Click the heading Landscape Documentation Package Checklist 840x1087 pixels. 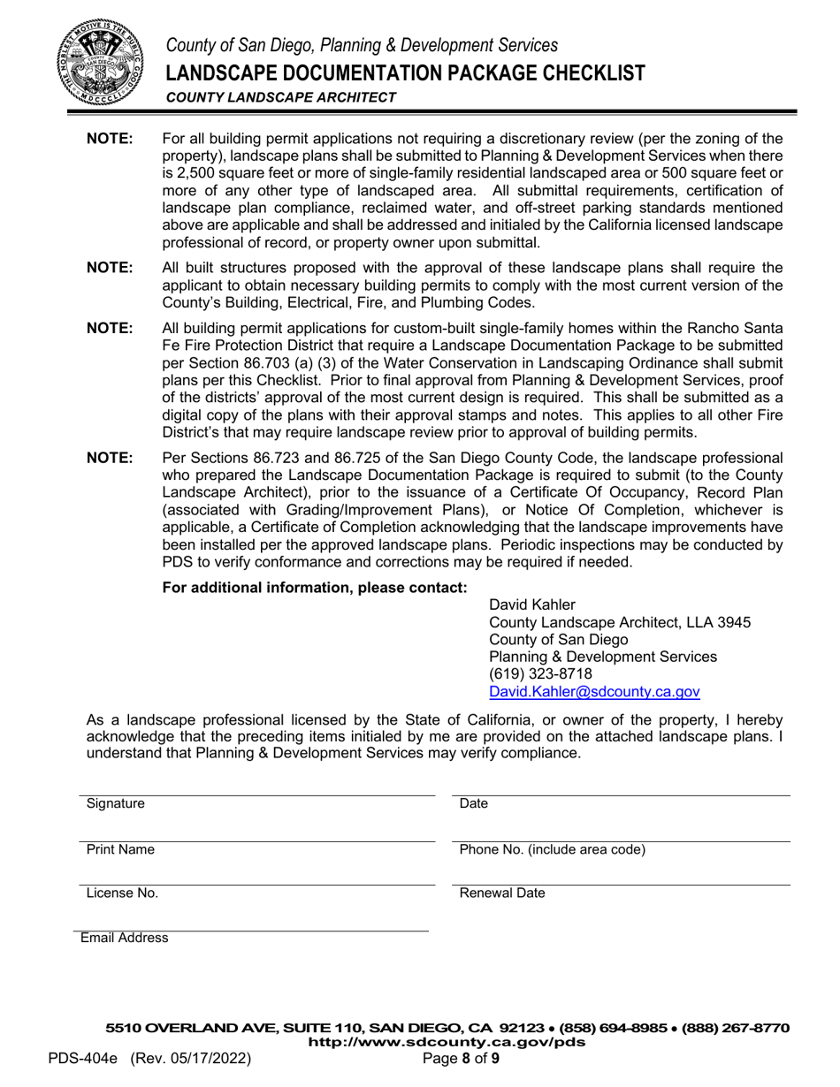pos(406,72)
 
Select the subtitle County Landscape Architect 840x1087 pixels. pos(281,97)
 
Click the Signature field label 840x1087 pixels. pos(116,804)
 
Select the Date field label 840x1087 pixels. pos(474,804)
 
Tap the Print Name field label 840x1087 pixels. pos(120,849)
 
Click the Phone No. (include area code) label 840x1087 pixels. pos(553,849)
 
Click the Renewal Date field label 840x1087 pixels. pos(502,893)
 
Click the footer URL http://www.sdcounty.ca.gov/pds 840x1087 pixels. pos(446,1042)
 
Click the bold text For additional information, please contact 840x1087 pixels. pos(315,588)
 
